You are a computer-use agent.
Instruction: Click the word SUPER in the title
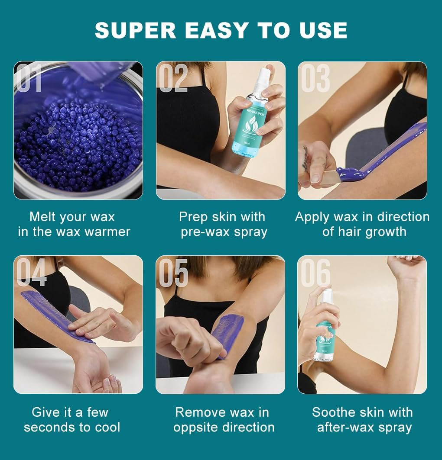pos(132,30)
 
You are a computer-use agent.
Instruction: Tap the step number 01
pos(29,78)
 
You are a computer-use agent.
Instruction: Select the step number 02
pos(173,78)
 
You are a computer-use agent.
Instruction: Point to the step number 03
pos(315,78)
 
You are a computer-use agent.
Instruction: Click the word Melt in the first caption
pos(44,217)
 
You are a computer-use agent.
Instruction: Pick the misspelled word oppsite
pos(198,428)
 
